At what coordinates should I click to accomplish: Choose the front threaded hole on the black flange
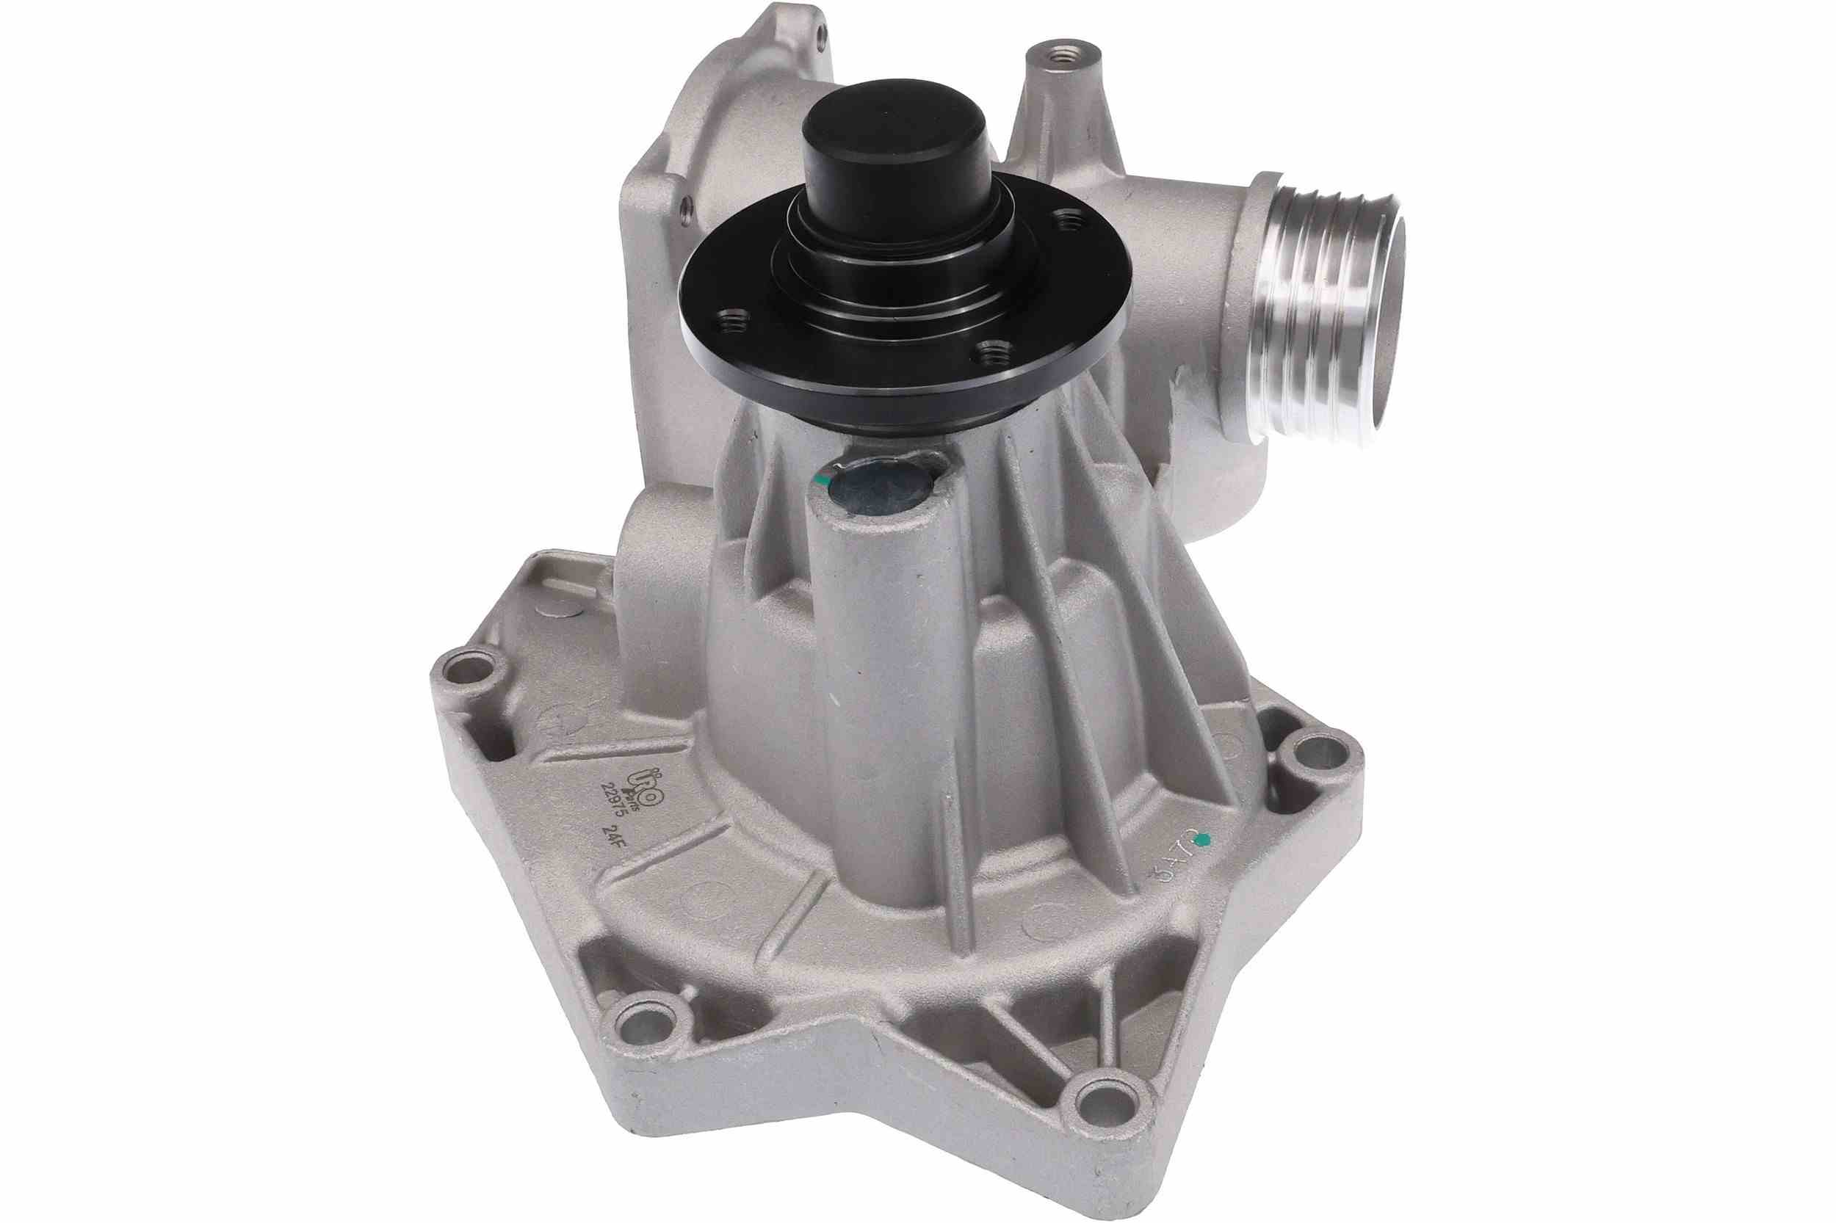coord(991,352)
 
